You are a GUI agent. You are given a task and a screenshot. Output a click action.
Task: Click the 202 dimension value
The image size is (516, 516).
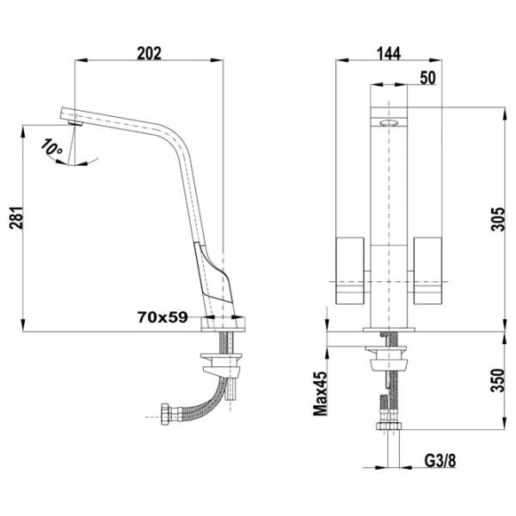click(150, 53)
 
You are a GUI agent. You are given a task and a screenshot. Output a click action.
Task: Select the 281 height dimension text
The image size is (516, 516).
click(16, 218)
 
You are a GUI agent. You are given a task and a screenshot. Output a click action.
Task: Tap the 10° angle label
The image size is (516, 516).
click(52, 147)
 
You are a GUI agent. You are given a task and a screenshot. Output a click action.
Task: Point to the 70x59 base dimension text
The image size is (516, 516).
click(163, 317)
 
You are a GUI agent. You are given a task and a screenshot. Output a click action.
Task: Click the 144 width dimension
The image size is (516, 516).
click(389, 53)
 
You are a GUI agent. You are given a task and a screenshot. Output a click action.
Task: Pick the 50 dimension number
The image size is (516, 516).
click(427, 77)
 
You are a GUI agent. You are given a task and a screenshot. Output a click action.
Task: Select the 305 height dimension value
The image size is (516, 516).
click(498, 219)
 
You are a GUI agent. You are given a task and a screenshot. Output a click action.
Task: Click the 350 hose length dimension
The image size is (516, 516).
click(498, 380)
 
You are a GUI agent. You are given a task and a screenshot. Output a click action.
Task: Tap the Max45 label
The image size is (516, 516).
click(320, 393)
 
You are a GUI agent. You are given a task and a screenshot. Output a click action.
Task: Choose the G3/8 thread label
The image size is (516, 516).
click(440, 461)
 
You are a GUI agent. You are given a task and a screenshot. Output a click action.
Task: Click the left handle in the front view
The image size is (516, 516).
click(350, 270)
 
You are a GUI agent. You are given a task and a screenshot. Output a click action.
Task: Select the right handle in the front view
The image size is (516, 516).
click(427, 270)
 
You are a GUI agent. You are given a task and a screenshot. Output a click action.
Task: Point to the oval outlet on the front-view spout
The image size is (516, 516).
click(389, 123)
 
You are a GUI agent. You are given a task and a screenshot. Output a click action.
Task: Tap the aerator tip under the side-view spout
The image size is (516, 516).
click(76, 123)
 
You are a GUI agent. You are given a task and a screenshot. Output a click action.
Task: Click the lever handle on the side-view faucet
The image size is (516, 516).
click(213, 273)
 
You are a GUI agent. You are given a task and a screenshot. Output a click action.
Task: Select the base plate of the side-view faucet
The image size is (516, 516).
click(224, 324)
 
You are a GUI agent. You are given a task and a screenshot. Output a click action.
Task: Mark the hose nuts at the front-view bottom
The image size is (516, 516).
click(389, 426)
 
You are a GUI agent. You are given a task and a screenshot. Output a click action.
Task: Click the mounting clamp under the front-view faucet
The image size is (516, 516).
click(389, 358)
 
